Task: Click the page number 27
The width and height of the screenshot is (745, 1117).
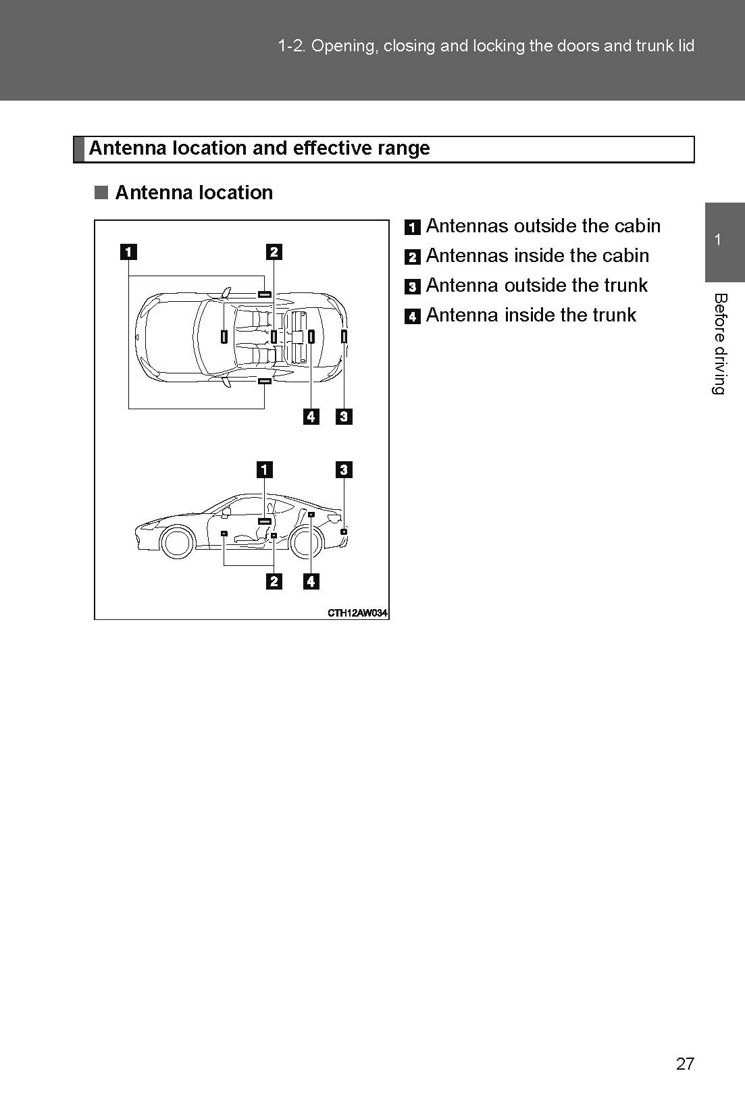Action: [x=684, y=1064]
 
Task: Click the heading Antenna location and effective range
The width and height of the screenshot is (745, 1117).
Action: [x=259, y=149]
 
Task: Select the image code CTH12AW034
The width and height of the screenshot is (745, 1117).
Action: [x=357, y=613]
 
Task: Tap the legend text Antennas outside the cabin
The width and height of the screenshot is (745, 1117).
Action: [x=542, y=226]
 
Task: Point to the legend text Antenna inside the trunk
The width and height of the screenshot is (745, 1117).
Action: [x=530, y=315]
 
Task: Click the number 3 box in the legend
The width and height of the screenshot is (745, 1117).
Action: [x=412, y=287]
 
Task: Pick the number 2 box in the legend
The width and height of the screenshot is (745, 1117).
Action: [x=412, y=257]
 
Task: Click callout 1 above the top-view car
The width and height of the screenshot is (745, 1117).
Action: [x=128, y=252]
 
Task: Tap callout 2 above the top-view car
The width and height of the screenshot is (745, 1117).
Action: [x=274, y=252]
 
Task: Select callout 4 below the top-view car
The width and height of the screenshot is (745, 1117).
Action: [x=311, y=416]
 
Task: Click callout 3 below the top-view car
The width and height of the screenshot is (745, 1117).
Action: [x=344, y=416]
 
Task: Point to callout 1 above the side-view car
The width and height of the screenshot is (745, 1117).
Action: [x=265, y=469]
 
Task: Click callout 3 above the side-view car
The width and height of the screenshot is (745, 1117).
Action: [x=344, y=469]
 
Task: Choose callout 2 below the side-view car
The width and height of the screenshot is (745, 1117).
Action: [x=274, y=581]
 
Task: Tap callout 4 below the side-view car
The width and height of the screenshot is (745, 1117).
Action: [x=311, y=581]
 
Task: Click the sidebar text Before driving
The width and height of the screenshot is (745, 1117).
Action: [x=720, y=344]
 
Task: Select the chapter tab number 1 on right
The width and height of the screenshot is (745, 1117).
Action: [x=718, y=240]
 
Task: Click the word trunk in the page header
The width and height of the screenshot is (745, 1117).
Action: [x=654, y=46]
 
